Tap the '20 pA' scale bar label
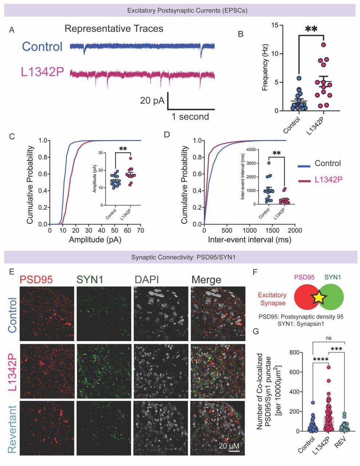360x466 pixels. click(152, 100)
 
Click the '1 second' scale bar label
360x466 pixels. click(190, 116)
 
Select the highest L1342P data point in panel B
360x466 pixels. click(323, 45)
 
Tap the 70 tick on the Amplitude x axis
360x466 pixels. click(141, 231)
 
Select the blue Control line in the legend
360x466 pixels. click(306, 166)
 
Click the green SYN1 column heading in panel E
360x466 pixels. click(90, 280)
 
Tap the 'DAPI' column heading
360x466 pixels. click(147, 280)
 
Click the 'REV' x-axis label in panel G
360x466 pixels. click(340, 443)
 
